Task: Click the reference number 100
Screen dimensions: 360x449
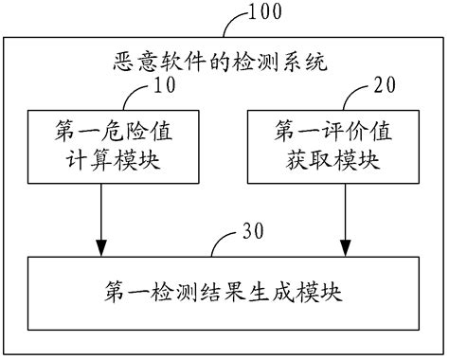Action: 268,13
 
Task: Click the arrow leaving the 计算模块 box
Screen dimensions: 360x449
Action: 101,213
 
